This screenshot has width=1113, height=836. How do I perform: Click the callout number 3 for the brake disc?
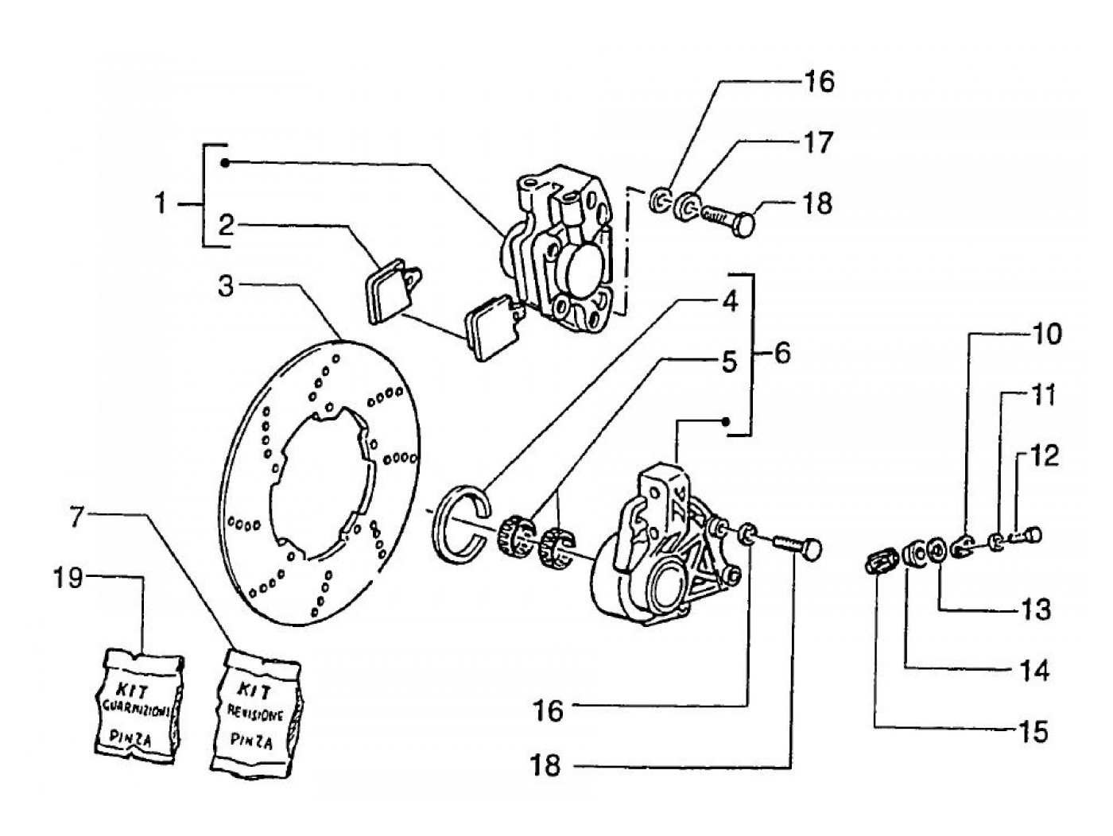pyautogui.click(x=226, y=286)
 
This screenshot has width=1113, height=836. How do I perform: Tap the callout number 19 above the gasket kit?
pyautogui.click(x=68, y=578)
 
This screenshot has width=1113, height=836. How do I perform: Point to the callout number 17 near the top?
pyautogui.click(x=818, y=143)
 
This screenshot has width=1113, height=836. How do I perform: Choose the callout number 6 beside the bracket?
pyautogui.click(x=782, y=353)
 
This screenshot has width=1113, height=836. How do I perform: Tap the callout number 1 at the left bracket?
pyautogui.click(x=161, y=203)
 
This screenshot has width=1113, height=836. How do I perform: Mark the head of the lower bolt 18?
pyautogui.click(x=811, y=550)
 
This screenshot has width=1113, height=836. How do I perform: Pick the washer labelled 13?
pyautogui.click(x=936, y=551)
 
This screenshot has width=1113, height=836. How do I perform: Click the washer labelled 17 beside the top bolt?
pyautogui.click(x=686, y=208)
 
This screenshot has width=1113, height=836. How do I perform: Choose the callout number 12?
pyautogui.click(x=1045, y=456)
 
